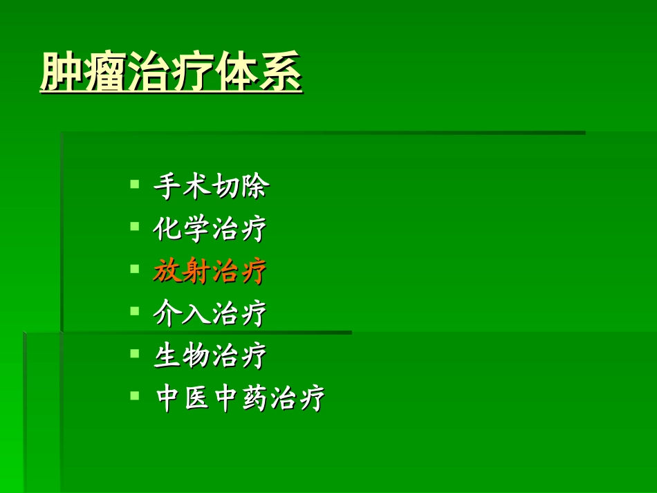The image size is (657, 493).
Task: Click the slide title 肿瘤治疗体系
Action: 171,72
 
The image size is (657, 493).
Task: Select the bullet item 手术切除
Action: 211,187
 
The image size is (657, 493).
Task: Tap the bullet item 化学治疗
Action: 210,229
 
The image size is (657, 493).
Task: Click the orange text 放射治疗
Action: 210,272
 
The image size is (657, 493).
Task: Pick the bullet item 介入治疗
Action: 210,314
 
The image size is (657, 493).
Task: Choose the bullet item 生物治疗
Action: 210,356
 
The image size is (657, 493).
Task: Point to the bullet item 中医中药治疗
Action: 240,399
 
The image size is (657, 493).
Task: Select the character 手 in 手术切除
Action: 167,187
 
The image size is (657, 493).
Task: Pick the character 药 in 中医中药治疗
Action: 254,399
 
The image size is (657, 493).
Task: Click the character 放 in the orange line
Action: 167,272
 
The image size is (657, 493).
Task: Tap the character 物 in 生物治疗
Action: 196,356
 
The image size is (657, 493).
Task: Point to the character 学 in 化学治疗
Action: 196,229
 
